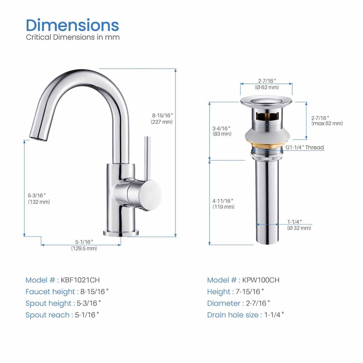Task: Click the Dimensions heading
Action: (72, 25)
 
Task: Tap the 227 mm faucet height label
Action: (162, 122)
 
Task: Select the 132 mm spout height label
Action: (39, 202)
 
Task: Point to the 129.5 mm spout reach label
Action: (84, 248)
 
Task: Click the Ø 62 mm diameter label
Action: (267, 87)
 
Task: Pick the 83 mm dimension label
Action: (222, 134)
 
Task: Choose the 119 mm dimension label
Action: (223, 207)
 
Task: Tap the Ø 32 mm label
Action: (299, 228)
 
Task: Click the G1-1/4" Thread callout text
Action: (305, 147)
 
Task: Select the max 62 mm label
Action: (327, 123)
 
